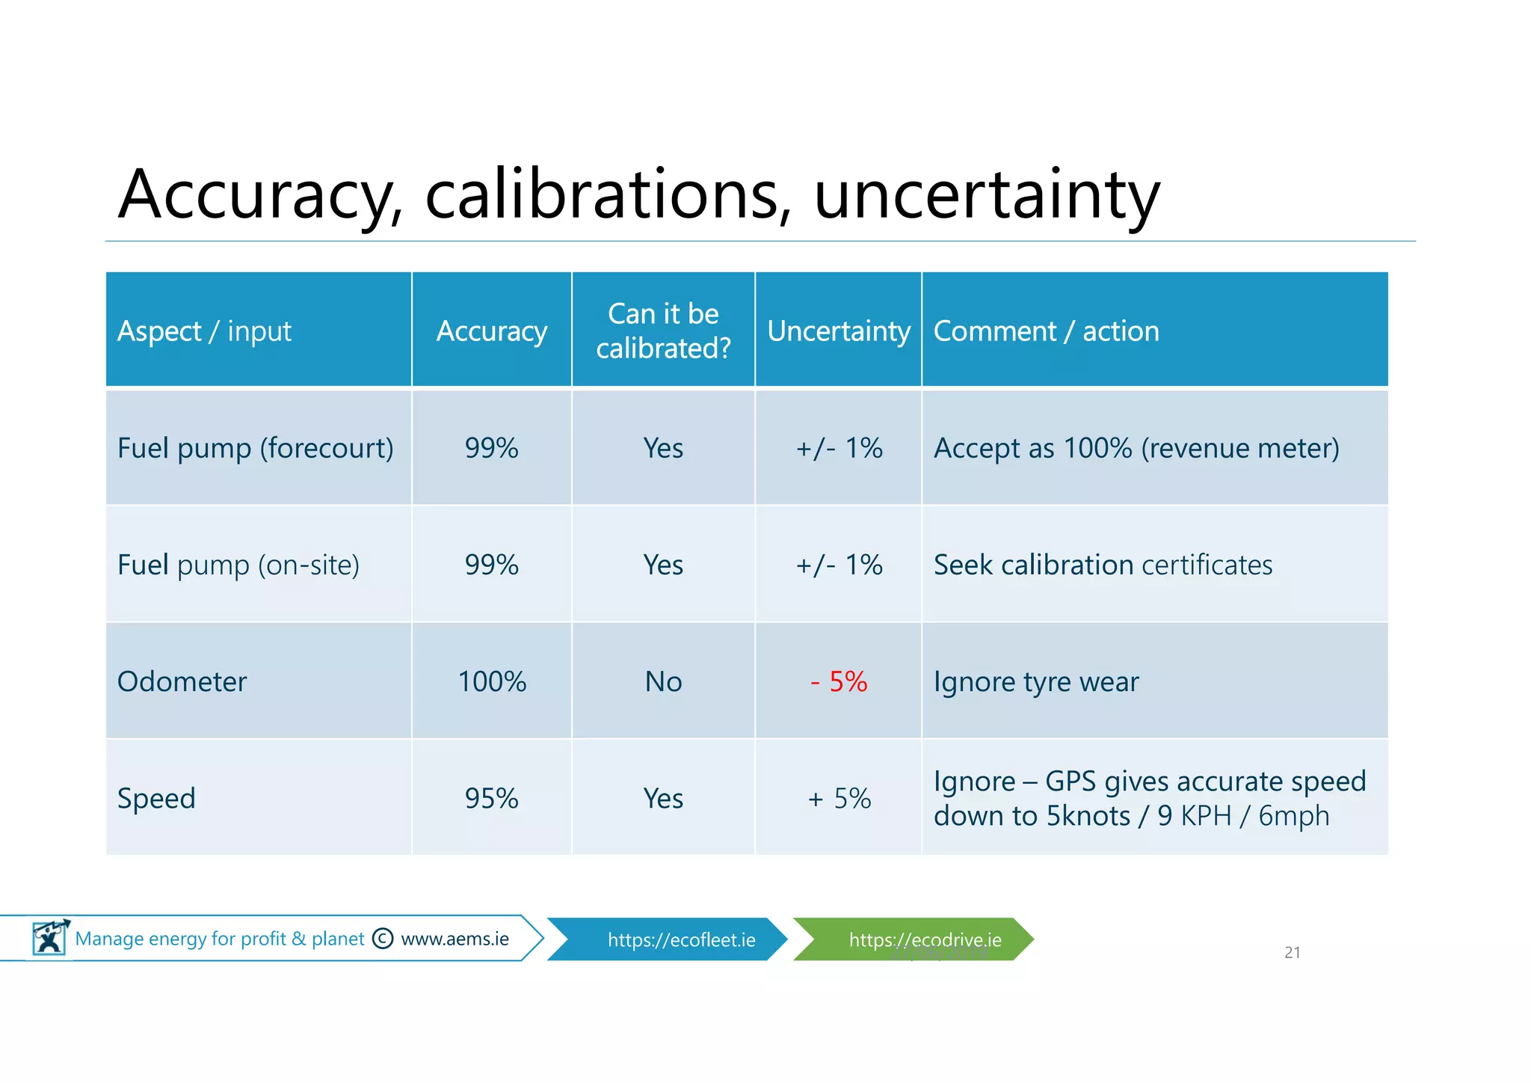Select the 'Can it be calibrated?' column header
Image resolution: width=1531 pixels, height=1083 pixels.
663,331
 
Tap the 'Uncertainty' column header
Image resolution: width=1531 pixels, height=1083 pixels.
839,331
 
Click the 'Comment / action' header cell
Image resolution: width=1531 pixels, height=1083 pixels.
1046,331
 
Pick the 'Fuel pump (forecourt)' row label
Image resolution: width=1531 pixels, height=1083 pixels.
255,448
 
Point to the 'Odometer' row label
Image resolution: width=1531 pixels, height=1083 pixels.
182,681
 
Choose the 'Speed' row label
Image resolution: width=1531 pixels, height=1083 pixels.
156,798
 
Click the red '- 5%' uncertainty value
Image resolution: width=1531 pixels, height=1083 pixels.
839,681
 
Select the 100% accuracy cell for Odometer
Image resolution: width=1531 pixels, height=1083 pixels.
492,681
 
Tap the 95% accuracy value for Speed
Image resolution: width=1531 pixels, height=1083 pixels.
492,798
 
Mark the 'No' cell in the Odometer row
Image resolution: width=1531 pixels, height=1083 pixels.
663,681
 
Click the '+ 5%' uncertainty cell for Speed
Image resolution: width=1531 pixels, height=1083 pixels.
839,798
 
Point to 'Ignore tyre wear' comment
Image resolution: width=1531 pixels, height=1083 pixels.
1036,681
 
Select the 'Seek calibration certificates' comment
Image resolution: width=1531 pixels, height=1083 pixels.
1103,565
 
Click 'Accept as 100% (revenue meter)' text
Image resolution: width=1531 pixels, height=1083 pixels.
1136,448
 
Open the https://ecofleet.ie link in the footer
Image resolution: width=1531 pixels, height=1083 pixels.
681,939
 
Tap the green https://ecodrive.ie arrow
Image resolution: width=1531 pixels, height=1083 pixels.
925,939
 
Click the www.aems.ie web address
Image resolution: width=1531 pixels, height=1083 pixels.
455,939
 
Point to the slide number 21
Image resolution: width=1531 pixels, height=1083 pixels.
1292,952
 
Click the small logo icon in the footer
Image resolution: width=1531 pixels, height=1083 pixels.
50,937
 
